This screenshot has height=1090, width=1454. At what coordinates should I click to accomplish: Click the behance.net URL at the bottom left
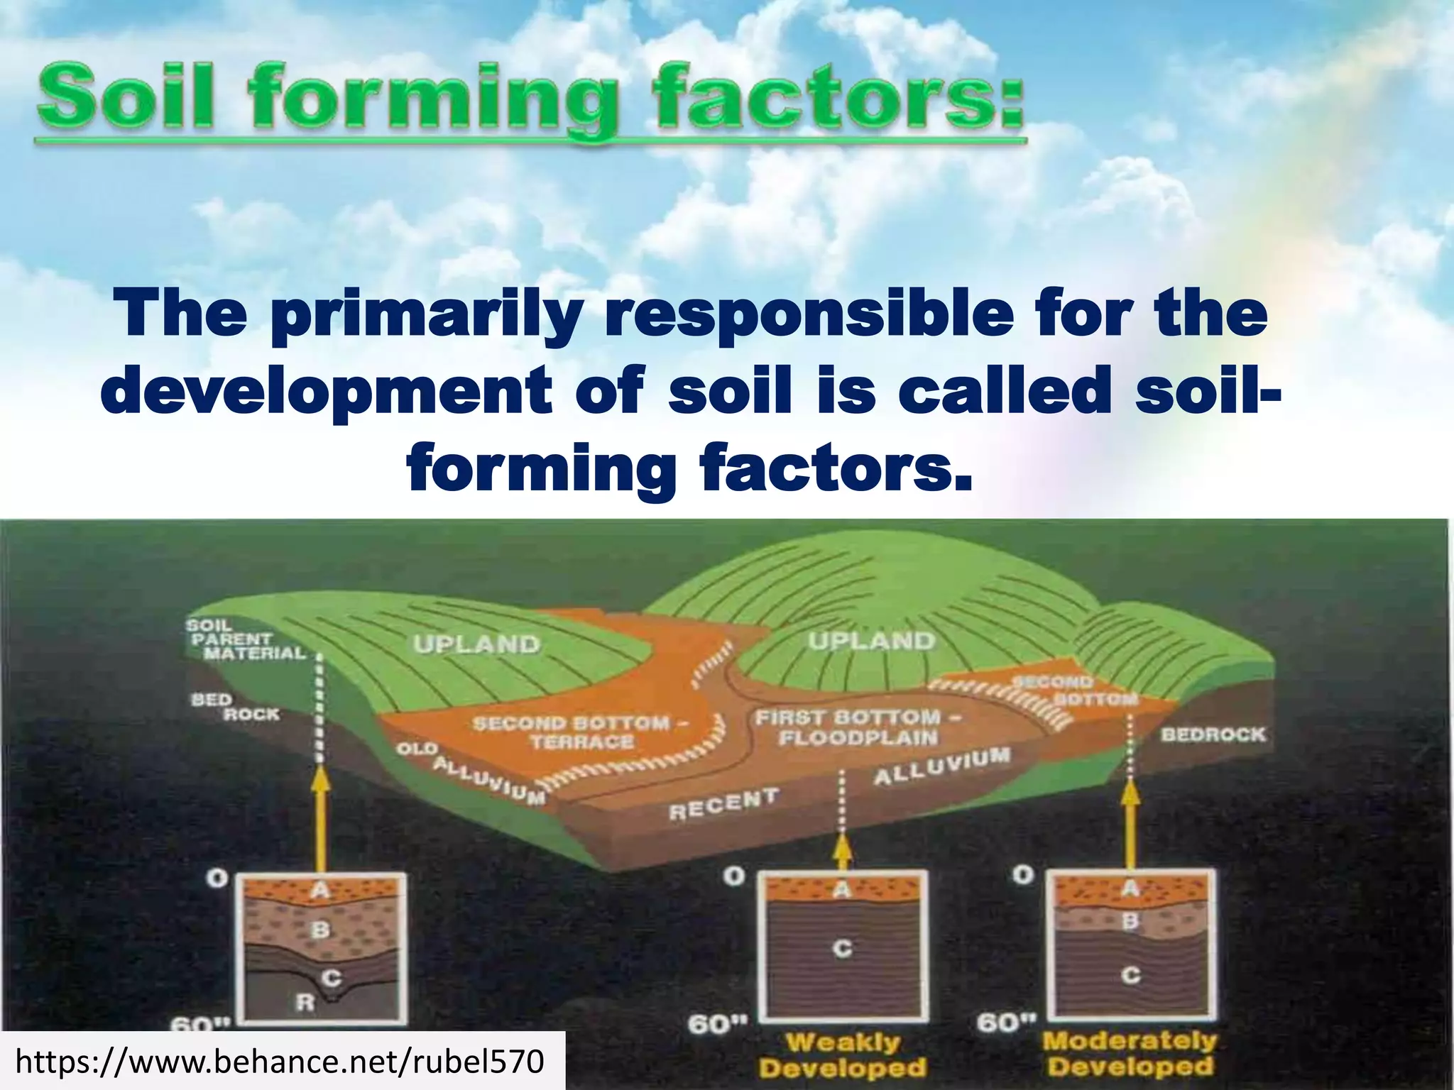pos(280,1062)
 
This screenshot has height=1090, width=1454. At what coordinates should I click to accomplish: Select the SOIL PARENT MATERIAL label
pos(245,639)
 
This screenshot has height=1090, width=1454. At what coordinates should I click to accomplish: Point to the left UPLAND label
pos(477,644)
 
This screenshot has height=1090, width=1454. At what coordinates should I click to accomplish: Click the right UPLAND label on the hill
pos(872,641)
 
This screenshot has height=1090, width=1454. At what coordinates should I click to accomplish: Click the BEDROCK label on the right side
pos(1213,734)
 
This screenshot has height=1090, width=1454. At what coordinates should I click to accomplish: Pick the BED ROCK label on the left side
pos(235,707)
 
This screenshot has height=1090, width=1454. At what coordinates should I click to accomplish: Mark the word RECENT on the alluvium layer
pos(723,804)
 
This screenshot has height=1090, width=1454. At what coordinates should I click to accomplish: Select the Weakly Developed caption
pos(843,1055)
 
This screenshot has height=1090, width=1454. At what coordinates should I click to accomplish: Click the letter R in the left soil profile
pos(305,1003)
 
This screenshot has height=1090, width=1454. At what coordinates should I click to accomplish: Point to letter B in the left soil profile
pos(321,929)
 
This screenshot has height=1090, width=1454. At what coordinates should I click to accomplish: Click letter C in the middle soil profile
pos(842,948)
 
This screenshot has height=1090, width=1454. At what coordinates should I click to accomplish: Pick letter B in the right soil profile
pos(1130,921)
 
